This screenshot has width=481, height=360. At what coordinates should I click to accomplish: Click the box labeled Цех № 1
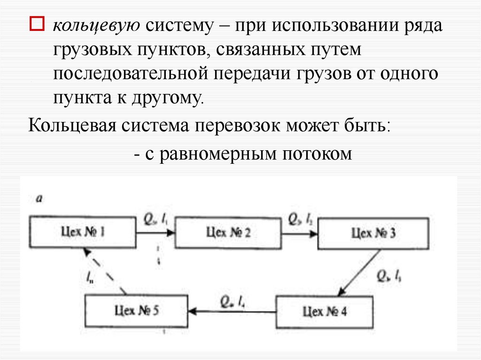tap(82, 231)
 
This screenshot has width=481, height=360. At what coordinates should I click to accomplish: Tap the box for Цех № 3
tap(373, 233)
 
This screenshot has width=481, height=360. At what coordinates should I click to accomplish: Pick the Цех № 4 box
tap(325, 311)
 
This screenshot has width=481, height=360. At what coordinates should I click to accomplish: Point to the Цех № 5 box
tap(137, 310)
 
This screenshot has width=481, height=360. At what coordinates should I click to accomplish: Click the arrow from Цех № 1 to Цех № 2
tap(155, 231)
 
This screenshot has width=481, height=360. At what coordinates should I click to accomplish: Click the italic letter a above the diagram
tap(39, 199)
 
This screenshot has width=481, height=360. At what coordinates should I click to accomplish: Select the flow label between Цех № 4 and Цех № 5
tap(233, 300)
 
